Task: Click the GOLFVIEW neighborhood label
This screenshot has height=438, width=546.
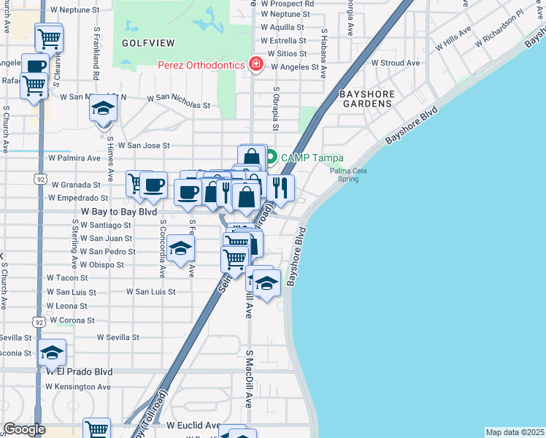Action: [145, 43]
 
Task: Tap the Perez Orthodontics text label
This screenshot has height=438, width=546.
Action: [201, 66]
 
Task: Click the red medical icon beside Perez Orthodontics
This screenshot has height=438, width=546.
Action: [256, 66]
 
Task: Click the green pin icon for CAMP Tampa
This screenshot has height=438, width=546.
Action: [271, 156]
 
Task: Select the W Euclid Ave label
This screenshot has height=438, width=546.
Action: [193, 425]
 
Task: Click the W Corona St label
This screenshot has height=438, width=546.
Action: [70, 320]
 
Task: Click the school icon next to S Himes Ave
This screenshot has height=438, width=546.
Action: [103, 109]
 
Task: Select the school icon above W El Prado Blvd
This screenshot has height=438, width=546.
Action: [52, 353]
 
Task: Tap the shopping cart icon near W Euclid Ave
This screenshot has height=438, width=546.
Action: [96, 429]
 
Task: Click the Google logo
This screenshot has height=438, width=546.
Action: [24, 430]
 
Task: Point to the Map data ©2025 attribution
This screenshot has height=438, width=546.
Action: [515, 432]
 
